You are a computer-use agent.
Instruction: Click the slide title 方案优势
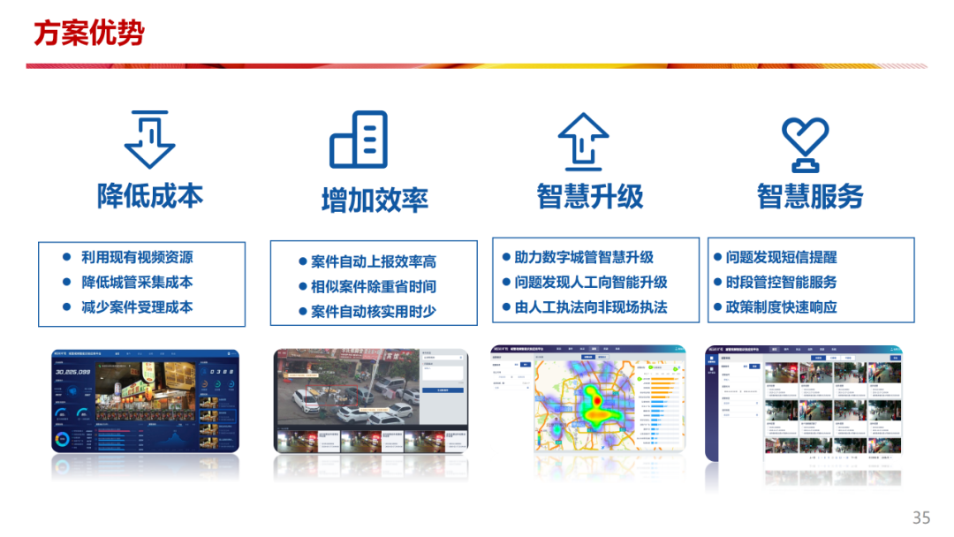(x=88, y=33)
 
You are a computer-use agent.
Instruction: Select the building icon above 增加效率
(x=359, y=140)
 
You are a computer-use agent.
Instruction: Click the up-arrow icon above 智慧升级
(x=584, y=141)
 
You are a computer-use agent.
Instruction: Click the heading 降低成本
(x=150, y=196)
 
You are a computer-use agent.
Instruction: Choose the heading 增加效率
(x=375, y=200)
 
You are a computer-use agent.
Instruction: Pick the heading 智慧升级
(x=590, y=196)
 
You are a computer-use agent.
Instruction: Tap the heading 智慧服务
(x=810, y=196)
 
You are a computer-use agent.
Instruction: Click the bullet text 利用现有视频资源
(x=137, y=258)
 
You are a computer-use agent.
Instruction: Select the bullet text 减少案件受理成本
(x=137, y=307)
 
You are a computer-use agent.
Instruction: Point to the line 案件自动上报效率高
(x=374, y=262)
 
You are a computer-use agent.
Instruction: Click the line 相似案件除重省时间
(x=374, y=287)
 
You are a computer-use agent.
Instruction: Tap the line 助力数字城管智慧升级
(x=584, y=258)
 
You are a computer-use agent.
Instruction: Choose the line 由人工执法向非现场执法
(x=591, y=307)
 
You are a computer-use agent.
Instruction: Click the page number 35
(x=921, y=518)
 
